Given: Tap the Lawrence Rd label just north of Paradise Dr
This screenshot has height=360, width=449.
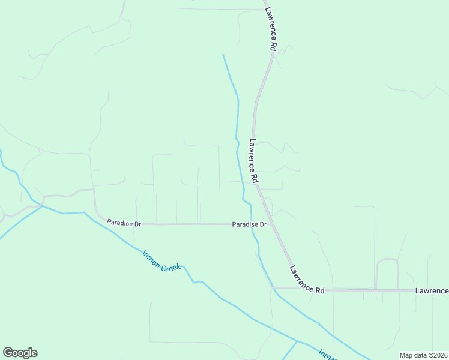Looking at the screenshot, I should pos(253,161).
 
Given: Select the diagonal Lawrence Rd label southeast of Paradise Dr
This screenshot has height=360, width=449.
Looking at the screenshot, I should pos(307,280).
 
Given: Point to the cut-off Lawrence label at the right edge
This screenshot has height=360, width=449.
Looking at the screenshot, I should pos(432,291).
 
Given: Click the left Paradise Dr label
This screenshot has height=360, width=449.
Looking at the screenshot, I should pos(124,223).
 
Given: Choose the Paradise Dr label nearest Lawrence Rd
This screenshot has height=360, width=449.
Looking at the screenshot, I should pos(249,224).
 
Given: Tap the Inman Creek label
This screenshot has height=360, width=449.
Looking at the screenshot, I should pos(161,261).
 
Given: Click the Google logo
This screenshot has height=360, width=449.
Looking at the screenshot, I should pos(20,353).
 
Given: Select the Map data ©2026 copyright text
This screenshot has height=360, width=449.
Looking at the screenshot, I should pos(423,355).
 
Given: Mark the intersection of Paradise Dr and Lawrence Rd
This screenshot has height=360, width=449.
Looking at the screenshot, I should pos(271,224).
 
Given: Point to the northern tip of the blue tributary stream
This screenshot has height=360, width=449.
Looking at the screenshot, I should pos(223,55).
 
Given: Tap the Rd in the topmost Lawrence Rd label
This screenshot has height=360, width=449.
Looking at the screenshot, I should pos(273,45).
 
